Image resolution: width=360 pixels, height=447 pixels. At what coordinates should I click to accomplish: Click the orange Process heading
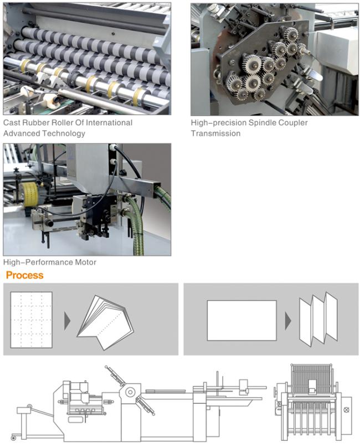tap(24, 275)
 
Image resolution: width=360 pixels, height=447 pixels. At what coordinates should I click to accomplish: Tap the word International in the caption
tap(109, 122)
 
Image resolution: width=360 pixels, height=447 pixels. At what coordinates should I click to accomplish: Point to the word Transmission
tap(216, 133)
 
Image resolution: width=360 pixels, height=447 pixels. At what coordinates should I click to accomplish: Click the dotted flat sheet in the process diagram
tap(32, 320)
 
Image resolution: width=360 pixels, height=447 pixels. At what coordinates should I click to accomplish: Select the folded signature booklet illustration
tap(105, 322)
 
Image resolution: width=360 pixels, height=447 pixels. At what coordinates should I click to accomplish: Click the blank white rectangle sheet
tap(241, 320)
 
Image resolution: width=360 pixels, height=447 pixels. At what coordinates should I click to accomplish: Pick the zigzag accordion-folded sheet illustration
tap(318, 318)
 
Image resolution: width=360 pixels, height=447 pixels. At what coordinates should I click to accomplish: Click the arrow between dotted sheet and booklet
tap(67, 321)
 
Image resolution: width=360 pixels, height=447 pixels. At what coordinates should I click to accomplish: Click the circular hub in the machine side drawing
tap(130, 392)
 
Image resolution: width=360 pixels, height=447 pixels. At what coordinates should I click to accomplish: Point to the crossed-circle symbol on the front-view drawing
tap(346, 410)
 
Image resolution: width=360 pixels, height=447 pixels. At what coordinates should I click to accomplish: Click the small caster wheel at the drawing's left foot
tap(13, 438)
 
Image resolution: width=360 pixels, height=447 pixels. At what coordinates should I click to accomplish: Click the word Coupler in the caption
tap(292, 122)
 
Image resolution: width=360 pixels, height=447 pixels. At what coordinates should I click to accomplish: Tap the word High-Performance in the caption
tap(38, 262)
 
